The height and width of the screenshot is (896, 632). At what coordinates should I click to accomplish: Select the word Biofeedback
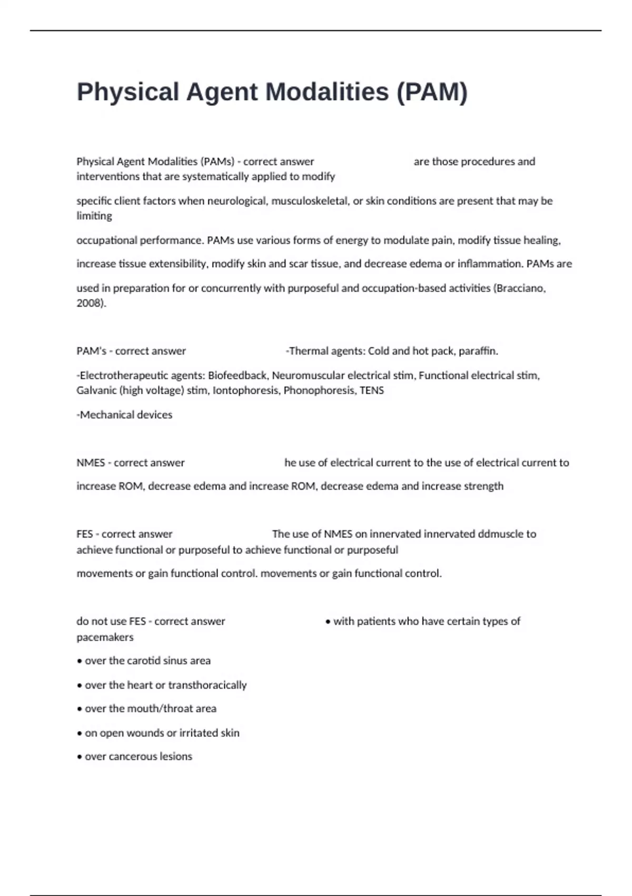point(238,375)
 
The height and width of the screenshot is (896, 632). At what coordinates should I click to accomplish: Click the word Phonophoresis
point(319,391)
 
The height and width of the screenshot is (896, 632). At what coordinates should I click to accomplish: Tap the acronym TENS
point(371,391)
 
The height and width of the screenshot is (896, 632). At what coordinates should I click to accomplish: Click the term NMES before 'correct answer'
point(91,463)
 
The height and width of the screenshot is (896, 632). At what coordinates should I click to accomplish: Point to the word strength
point(483,486)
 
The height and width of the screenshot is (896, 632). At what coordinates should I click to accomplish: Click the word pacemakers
point(105,637)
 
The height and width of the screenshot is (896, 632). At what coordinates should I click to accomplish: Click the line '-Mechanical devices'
point(124,415)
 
